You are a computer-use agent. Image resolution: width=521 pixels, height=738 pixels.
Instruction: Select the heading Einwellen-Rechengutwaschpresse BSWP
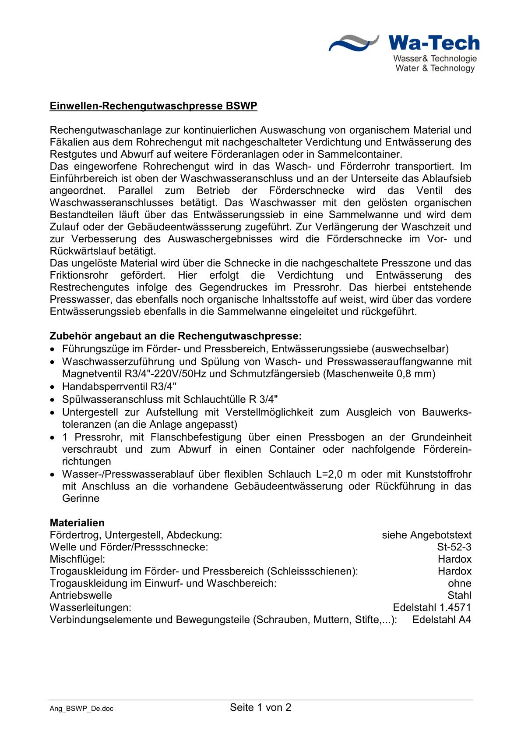[x=153, y=106]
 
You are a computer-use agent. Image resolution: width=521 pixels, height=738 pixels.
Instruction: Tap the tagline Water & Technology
[x=435, y=68]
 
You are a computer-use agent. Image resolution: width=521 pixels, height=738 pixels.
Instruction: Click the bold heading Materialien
[x=77, y=523]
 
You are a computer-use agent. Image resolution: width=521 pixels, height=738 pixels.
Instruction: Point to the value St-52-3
[x=454, y=547]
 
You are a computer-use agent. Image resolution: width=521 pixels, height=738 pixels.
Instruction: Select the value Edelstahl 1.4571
[x=432, y=607]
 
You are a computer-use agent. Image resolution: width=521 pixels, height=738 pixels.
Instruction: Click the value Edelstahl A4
[x=441, y=620]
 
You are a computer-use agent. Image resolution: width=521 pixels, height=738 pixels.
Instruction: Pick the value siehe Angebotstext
[x=426, y=535]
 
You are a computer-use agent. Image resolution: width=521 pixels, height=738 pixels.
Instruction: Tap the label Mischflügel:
[x=77, y=559]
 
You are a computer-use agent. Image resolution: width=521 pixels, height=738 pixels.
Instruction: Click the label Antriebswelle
[x=81, y=596]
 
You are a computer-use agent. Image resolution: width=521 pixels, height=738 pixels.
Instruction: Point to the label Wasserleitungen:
[x=91, y=607]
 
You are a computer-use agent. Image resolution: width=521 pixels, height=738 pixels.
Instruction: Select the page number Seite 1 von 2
[x=260, y=707]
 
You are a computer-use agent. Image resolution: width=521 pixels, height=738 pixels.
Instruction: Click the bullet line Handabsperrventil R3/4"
[x=119, y=387]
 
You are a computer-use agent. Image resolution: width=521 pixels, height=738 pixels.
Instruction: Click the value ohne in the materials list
[x=459, y=583]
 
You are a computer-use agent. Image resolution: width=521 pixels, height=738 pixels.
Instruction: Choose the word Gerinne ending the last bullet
[x=81, y=498]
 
